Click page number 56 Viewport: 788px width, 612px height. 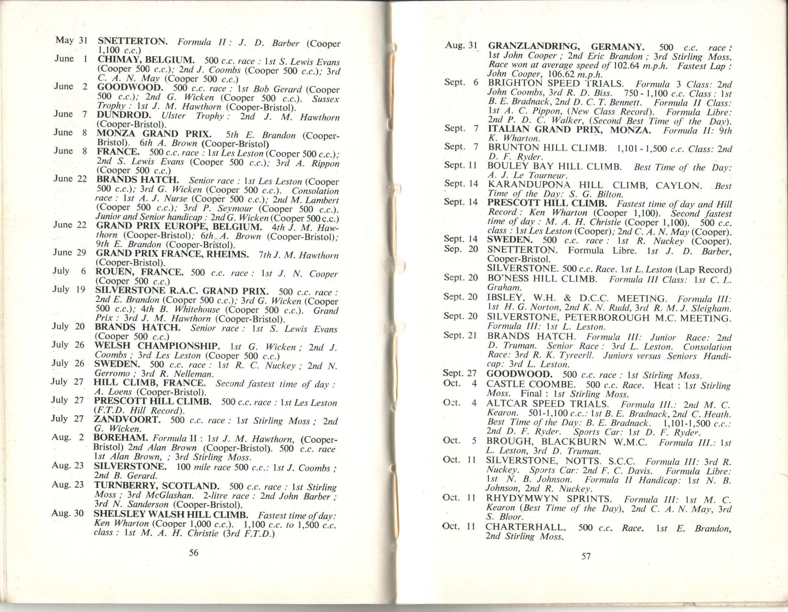tap(194, 552)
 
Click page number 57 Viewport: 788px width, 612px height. tap(586, 556)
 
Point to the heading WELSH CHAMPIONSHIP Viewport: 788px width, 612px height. tap(157, 346)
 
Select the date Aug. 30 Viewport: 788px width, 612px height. tap(68, 513)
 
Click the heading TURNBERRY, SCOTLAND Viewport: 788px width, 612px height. tap(156, 485)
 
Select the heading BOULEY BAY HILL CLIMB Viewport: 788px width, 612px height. tap(554, 166)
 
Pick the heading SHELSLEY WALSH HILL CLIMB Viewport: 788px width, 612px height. tap(171, 514)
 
